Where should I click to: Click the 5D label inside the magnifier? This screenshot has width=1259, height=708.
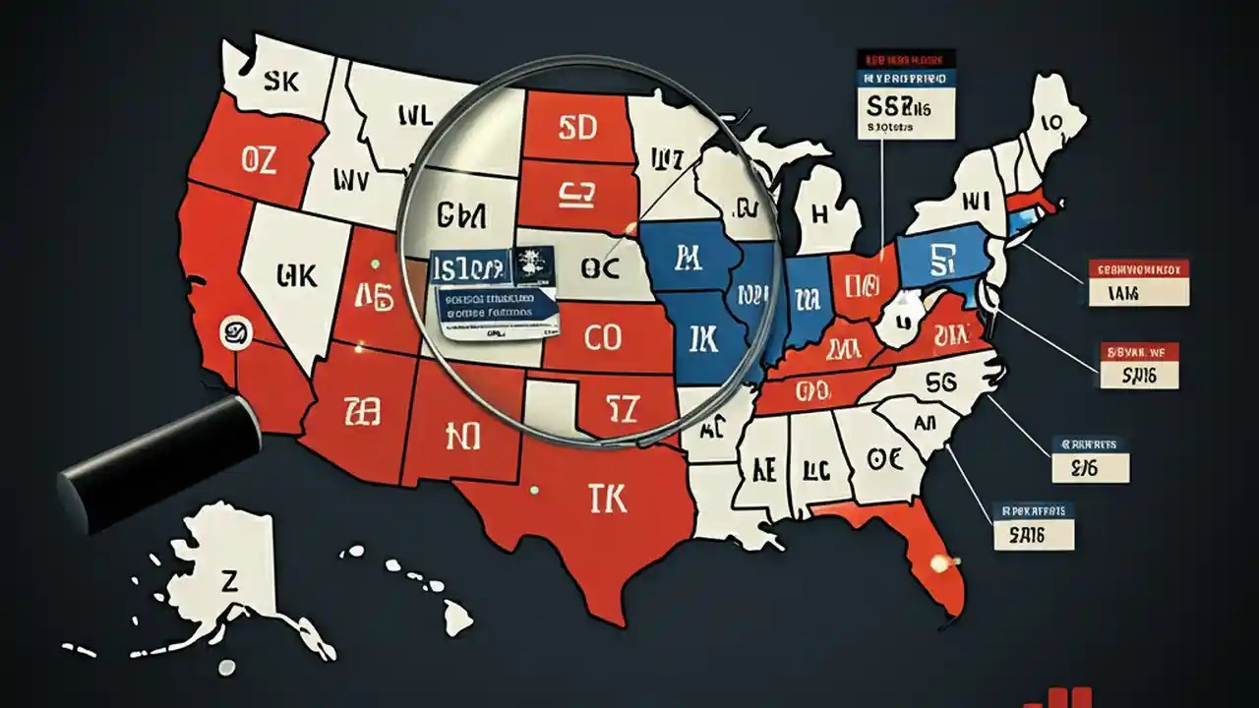(x=577, y=128)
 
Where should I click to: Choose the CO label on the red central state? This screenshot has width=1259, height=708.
(x=603, y=337)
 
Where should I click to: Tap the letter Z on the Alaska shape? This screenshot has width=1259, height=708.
(x=230, y=582)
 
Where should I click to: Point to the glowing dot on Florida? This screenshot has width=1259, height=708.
(x=939, y=563)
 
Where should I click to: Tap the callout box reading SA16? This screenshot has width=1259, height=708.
(x=1034, y=535)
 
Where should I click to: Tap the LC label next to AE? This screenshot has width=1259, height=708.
(x=817, y=469)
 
